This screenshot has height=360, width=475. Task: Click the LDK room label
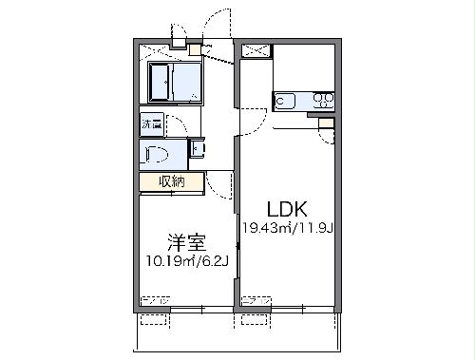[x=285, y=208]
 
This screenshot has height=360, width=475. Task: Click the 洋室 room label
[x=186, y=241]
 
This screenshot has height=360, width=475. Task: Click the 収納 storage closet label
[x=171, y=181]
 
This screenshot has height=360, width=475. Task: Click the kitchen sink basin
[x=286, y=98]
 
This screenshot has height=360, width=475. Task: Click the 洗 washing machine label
[x=151, y=123]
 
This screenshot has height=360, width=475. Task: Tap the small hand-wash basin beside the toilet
[x=196, y=148]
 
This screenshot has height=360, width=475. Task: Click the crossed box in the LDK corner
[x=253, y=51]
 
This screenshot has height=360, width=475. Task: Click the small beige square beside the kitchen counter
[x=326, y=122]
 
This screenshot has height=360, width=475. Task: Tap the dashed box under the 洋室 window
[x=155, y=302]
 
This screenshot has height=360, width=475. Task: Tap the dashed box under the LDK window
[x=256, y=302]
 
